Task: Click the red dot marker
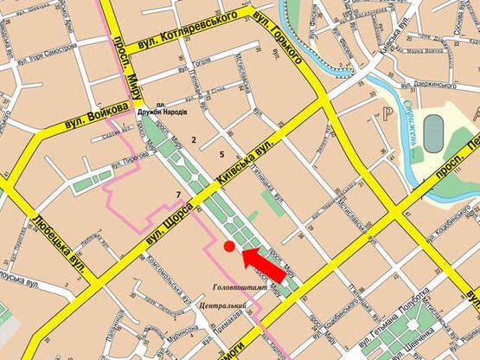pos(229,247)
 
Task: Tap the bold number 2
pos(195,139)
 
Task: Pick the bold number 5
pos(222,154)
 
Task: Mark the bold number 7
pos(177,193)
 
